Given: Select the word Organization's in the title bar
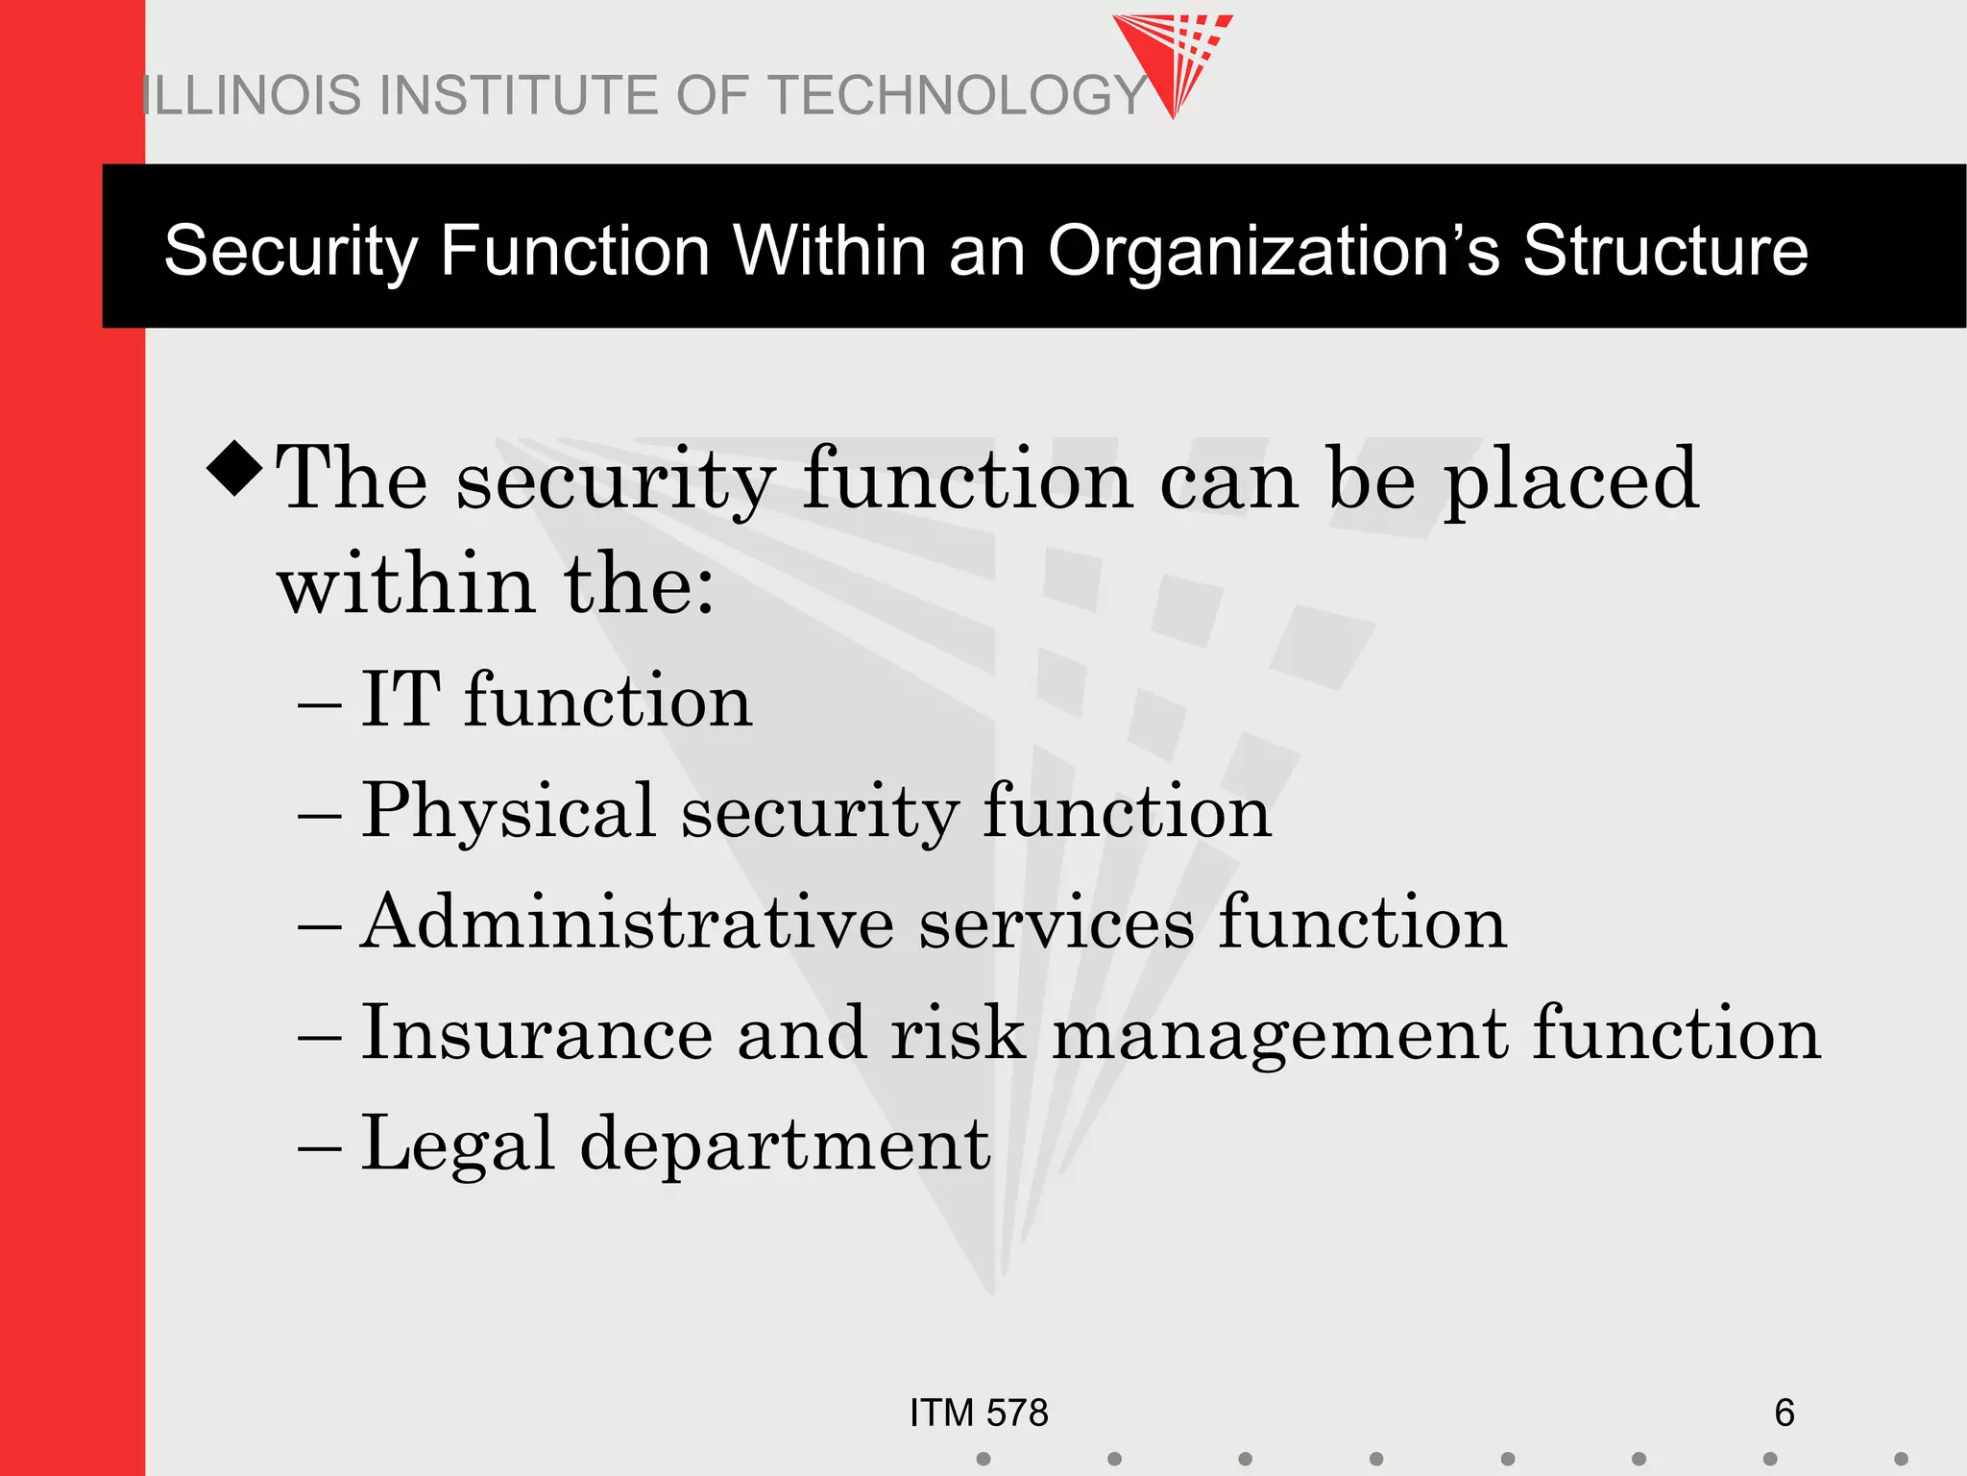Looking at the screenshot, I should pyautogui.click(x=1273, y=251).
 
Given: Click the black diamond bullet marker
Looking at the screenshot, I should pyautogui.click(x=234, y=469).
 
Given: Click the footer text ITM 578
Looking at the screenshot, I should pyautogui.click(x=979, y=1413).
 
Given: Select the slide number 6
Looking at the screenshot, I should pyautogui.click(x=1784, y=1413).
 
